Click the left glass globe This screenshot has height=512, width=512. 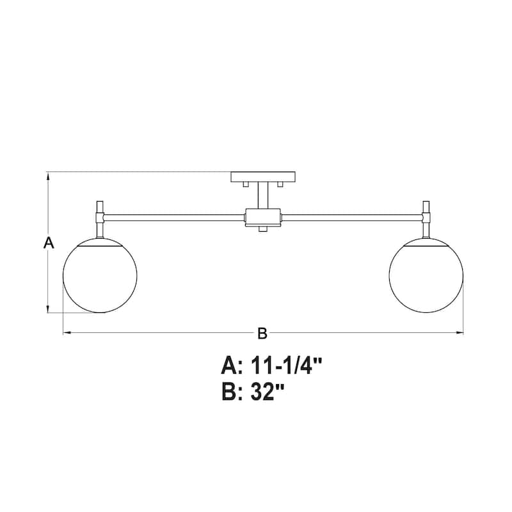pyautogui.click(x=100, y=276)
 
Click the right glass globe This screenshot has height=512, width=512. pyautogui.click(x=426, y=276)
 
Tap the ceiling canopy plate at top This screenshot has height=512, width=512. pyautogui.click(x=262, y=176)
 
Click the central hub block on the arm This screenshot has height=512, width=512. pyautogui.click(x=262, y=217)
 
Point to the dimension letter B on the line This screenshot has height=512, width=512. pyautogui.click(x=262, y=333)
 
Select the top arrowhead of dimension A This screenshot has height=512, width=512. pyautogui.click(x=49, y=175)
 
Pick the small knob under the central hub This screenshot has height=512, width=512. pyautogui.click(x=262, y=228)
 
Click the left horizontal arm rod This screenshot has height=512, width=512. pyautogui.click(x=173, y=218)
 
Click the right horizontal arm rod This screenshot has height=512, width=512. pyautogui.click(x=352, y=218)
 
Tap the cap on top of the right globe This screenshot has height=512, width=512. pyautogui.click(x=426, y=241)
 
